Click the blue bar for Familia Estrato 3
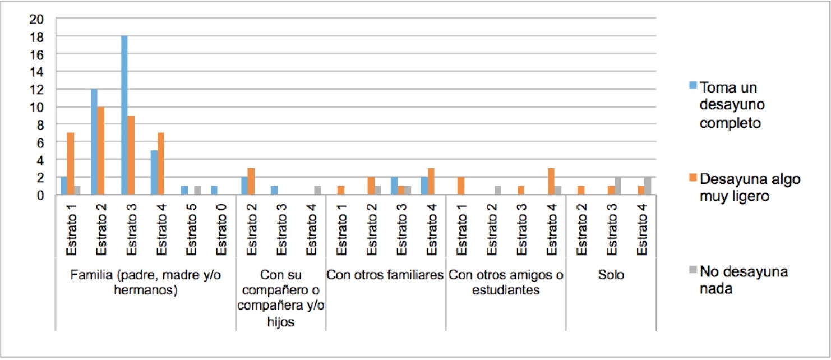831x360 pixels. pos(124,115)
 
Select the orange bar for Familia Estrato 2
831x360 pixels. pos(101,150)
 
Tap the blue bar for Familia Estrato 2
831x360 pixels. pos(94,142)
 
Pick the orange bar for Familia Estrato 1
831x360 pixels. pos(71,164)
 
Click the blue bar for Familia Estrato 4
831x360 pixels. pos(154,173)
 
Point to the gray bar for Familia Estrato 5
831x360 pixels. pos(198,190)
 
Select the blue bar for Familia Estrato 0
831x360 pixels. pos(214,190)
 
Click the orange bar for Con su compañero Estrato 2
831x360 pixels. pos(251,181)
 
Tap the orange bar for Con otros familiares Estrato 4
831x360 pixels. pos(431,181)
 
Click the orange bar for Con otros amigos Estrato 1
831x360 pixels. pos(461,186)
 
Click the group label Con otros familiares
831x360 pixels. pos(385,275)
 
